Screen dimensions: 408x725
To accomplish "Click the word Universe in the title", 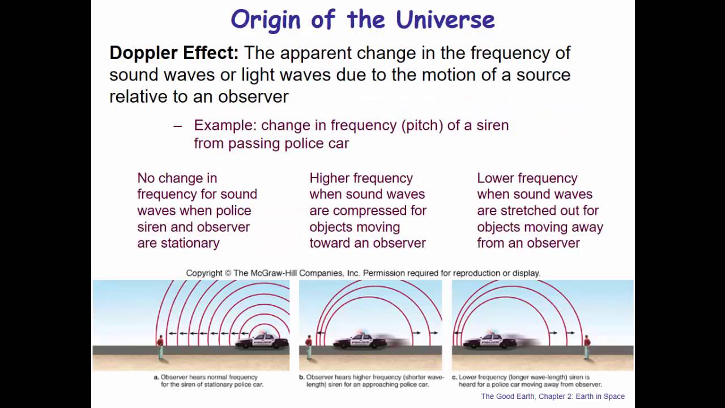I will [x=445, y=19].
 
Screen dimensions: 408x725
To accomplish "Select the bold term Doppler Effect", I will [x=173, y=53].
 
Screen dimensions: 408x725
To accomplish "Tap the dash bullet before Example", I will [x=178, y=126].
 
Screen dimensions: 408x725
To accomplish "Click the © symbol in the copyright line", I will [x=228, y=273].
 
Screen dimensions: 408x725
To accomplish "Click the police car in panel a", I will [x=262, y=341].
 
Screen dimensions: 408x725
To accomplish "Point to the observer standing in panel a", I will [x=160, y=346].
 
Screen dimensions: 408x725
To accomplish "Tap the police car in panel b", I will [x=360, y=341].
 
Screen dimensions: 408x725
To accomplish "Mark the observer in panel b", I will [x=309, y=346].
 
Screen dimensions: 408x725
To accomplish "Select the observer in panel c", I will [x=587, y=346].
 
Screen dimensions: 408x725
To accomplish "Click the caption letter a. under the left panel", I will [x=156, y=377].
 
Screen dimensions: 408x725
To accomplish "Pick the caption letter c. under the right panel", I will [x=455, y=377].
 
